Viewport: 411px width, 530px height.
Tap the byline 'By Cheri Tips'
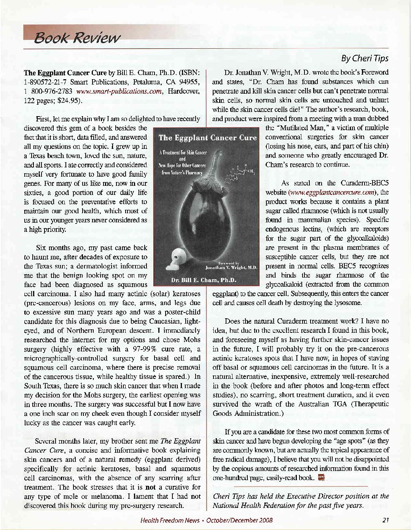(x=365, y=59)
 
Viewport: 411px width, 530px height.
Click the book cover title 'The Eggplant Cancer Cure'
(x=207, y=137)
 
